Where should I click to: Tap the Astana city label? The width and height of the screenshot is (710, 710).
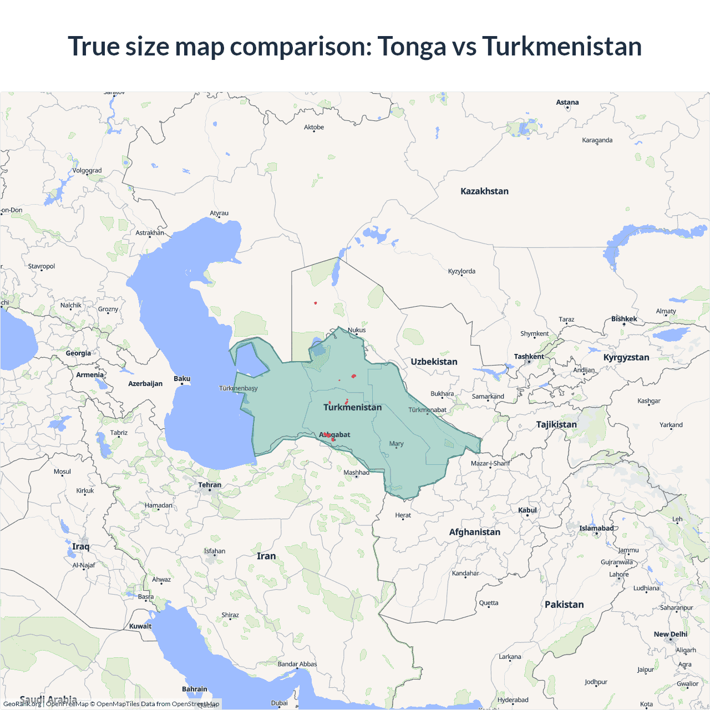pos(567,103)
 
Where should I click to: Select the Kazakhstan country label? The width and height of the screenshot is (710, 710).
pos(484,191)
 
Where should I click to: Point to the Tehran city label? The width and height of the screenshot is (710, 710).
pos(210,485)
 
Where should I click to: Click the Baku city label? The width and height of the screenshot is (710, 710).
pos(182,379)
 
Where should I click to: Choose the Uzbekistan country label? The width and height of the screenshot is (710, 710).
pos(434,362)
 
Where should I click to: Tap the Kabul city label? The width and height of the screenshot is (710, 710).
pos(527,510)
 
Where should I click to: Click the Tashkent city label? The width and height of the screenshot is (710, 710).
pos(529,357)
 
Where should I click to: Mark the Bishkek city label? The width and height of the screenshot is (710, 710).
pos(624,319)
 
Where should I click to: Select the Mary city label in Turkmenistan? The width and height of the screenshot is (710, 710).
pos(396,444)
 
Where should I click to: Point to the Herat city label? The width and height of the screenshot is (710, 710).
pos(403,515)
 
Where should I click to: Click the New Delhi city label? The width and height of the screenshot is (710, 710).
pos(670,634)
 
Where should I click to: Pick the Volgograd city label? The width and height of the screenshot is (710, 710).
pos(87,171)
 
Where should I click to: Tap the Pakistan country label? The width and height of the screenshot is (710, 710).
pos(564,605)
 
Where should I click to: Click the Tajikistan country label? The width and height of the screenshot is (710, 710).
pos(556,424)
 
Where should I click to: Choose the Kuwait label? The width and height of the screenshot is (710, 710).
pos(140,626)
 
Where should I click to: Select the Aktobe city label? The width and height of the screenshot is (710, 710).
pos(314,128)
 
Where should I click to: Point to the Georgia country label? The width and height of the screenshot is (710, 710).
pos(78,353)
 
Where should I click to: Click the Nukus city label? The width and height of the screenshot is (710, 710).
pos(357,330)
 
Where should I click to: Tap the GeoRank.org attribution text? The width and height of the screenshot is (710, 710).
pos(22,704)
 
